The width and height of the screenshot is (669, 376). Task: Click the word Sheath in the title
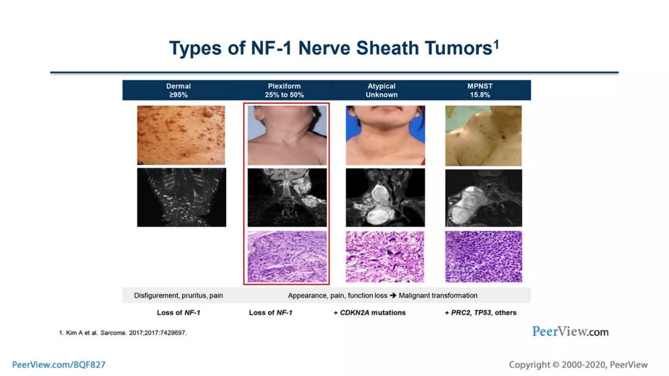(388, 48)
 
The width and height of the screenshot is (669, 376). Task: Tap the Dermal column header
(178, 86)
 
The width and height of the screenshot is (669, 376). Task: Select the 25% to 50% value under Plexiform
(284, 95)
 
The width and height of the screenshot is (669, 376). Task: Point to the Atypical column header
(381, 86)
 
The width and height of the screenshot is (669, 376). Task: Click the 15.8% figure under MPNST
(480, 95)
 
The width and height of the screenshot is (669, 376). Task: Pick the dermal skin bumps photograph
(181, 135)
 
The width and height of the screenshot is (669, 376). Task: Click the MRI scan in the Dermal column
(181, 197)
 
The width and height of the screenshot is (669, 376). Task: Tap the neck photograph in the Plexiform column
(287, 135)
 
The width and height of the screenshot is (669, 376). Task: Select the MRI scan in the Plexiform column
(287, 197)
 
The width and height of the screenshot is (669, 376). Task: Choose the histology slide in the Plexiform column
(287, 257)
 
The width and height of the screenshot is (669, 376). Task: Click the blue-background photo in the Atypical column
(385, 135)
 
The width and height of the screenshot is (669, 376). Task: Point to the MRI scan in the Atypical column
(385, 197)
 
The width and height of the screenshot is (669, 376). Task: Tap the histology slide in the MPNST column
(483, 257)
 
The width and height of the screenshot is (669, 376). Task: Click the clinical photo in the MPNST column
(483, 135)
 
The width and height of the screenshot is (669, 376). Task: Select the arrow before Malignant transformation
(393, 295)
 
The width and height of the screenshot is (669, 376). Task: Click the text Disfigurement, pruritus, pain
(178, 295)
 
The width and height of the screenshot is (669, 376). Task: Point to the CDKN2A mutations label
(369, 313)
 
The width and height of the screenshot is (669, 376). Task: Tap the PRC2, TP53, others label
(481, 313)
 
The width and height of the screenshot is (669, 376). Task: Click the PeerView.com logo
(570, 332)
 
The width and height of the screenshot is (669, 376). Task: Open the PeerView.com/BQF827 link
(59, 365)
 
